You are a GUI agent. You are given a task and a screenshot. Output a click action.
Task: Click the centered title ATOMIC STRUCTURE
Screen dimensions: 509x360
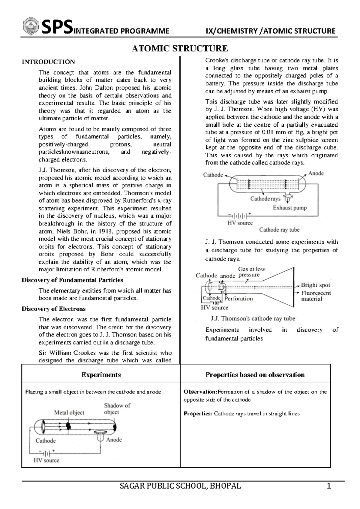tap(180, 48)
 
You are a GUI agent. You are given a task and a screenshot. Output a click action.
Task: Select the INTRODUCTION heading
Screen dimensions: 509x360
tap(48, 62)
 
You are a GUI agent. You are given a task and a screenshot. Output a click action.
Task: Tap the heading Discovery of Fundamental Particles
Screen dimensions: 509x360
tap(72, 280)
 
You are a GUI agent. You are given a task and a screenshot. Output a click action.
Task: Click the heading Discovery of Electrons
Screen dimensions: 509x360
tap(53, 309)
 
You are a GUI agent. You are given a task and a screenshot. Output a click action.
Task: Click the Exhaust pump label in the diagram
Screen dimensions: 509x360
tap(289, 208)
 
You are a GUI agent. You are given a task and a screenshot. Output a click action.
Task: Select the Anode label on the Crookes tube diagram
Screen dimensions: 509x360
tap(316, 173)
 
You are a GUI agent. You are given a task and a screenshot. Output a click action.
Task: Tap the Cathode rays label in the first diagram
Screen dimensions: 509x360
tap(265, 199)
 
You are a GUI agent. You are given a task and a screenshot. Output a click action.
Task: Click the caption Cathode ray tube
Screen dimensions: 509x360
tap(279, 230)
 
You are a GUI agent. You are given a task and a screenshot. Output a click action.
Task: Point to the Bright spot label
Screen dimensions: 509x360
tap(315, 285)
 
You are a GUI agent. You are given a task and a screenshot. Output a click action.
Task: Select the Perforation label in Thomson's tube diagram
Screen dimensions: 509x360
tap(238, 299)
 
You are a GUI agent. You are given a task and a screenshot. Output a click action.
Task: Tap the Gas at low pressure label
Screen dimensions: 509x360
tap(251, 272)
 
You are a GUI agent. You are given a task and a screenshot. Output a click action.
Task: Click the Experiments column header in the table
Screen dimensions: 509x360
tap(101, 375)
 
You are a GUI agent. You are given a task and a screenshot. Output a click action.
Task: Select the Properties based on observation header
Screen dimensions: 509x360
tap(255, 375)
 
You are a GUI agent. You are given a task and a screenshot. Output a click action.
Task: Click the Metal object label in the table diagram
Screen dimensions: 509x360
tap(69, 413)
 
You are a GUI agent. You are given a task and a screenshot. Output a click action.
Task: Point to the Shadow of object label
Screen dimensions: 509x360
tap(117, 409)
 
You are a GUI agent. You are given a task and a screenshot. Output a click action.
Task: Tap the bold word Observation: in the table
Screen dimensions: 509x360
tap(200, 392)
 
